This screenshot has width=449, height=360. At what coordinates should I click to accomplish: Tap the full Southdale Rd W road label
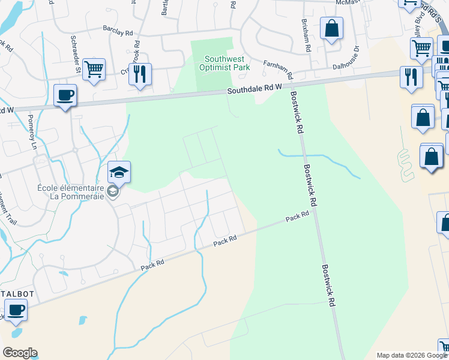(255, 89)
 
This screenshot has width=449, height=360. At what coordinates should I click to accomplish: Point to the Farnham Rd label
(277, 70)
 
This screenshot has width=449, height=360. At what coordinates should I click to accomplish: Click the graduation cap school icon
(119, 172)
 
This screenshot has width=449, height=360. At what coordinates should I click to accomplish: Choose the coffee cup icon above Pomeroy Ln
(65, 94)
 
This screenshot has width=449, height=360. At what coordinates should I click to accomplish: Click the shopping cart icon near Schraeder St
(94, 69)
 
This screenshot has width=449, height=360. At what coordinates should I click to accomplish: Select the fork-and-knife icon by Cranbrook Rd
(140, 74)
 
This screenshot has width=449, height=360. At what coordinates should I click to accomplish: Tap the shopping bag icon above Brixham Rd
(331, 28)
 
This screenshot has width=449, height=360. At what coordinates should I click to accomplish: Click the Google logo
(20, 353)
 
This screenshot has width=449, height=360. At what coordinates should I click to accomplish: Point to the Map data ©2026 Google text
(411, 355)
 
